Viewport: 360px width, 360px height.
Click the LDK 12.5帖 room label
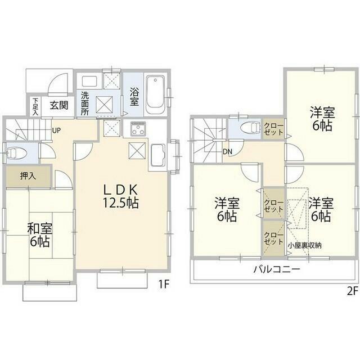click(x=120, y=196)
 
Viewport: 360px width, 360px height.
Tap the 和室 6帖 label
click(x=40, y=235)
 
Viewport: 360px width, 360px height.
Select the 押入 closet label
click(x=28, y=176)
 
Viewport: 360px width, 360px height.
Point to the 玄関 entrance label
click(x=59, y=105)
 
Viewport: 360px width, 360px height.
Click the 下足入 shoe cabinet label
click(x=36, y=107)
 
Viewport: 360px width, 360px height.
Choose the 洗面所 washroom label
click(x=85, y=103)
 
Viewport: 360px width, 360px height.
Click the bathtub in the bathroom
click(x=155, y=95)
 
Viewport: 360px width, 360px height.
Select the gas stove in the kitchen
click(x=138, y=129)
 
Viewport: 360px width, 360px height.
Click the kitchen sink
click(x=158, y=155)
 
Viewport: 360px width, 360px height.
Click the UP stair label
click(x=56, y=130)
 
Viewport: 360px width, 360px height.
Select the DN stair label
click(x=227, y=151)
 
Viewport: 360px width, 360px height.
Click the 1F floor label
click(x=164, y=285)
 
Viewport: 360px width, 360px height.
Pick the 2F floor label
click(x=353, y=291)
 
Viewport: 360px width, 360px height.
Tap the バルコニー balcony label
click(x=277, y=269)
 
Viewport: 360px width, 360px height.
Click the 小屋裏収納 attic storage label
click(x=305, y=245)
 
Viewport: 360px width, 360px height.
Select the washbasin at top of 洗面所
click(x=89, y=81)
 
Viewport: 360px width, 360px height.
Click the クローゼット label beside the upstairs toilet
click(x=274, y=129)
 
